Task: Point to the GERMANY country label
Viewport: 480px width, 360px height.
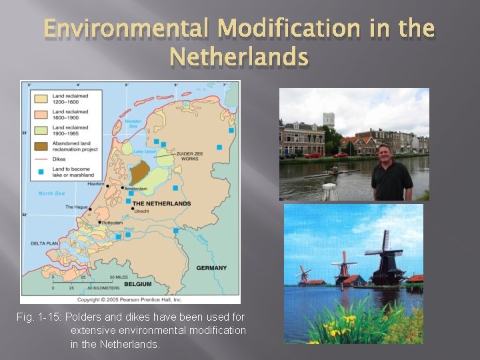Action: click(x=211, y=268)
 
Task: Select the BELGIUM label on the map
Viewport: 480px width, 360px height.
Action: click(x=137, y=283)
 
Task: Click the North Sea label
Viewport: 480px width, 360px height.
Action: click(x=51, y=193)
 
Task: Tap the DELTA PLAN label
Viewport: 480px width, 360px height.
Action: click(x=46, y=243)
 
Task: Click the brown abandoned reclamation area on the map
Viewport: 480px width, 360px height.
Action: click(x=138, y=173)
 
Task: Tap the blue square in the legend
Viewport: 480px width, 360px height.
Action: click(x=41, y=171)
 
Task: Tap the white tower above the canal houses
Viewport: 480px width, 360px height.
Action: click(x=329, y=121)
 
